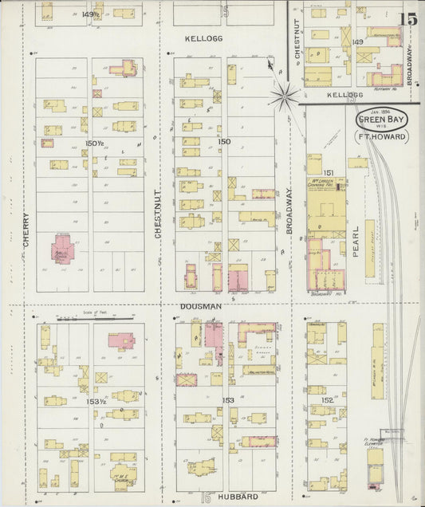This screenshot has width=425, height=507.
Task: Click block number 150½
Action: (x=94, y=143)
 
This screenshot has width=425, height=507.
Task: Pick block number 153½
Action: (x=96, y=403)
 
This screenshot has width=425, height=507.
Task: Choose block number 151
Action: (x=328, y=172)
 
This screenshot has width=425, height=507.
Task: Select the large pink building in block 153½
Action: (x=120, y=340)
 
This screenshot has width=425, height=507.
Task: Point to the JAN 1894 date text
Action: (x=380, y=112)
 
